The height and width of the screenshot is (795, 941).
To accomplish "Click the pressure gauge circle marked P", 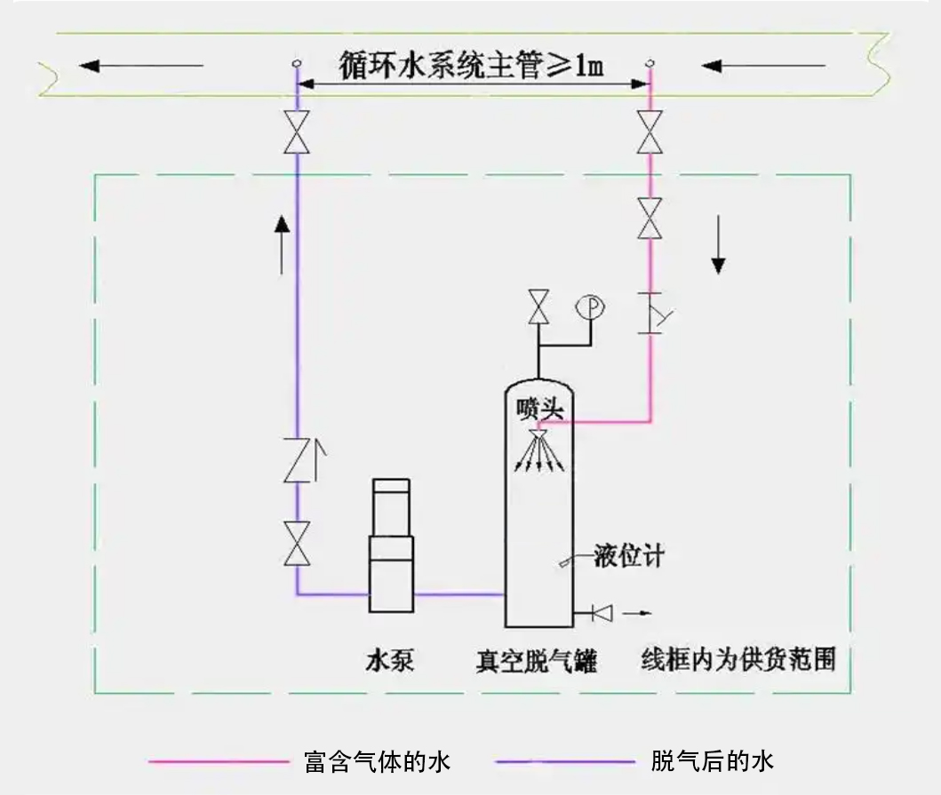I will [591, 307].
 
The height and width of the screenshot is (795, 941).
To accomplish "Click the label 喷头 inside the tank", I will [538, 408].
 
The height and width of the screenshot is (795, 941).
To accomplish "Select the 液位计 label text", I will [629, 558].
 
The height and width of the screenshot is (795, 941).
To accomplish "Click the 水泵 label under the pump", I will [389, 661].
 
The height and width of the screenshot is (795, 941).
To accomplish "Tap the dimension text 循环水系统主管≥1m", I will [472, 65].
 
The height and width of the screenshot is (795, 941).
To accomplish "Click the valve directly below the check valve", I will [296, 544].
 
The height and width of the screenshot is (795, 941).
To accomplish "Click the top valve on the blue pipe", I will [296, 133].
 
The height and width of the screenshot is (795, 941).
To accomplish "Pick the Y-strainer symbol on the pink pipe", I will [655, 312].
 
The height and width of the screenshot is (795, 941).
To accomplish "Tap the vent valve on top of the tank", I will [538, 308].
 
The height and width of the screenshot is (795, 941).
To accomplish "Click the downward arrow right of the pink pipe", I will [719, 249].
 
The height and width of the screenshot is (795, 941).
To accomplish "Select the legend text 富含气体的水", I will [377, 762].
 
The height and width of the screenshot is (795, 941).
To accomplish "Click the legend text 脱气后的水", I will [713, 761].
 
